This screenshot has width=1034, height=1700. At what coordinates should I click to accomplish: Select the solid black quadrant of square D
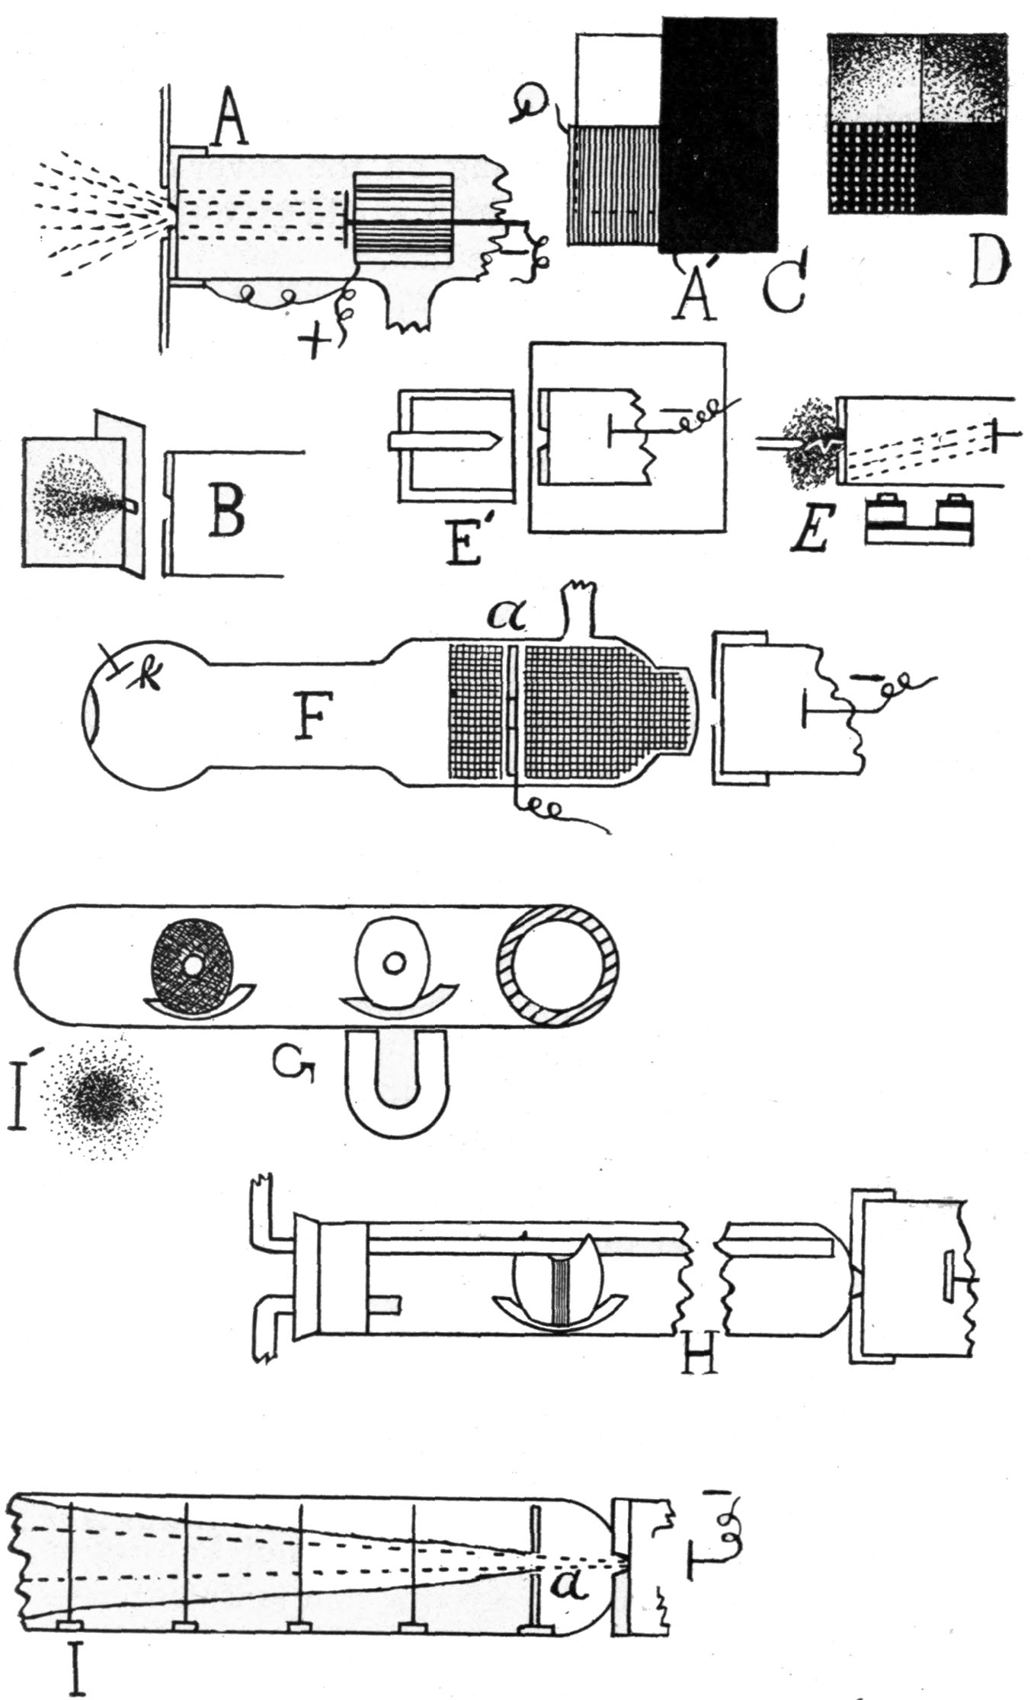pos(962,169)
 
